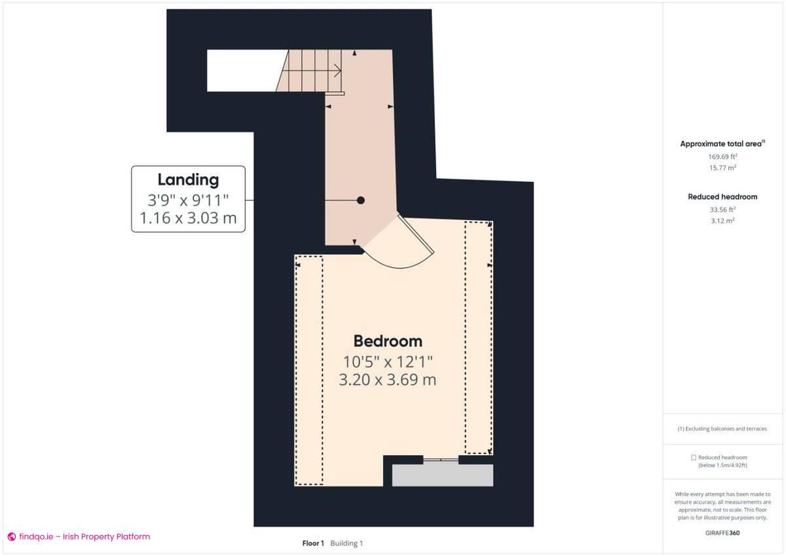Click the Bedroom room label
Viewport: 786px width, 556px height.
coord(388,341)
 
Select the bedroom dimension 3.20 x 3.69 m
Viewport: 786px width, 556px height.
coord(388,379)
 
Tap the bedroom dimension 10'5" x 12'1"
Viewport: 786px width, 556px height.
coord(388,361)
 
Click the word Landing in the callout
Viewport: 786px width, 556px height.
coord(188,179)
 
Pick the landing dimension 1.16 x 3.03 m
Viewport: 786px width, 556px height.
coord(188,218)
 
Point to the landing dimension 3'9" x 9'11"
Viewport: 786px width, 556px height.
coord(188,200)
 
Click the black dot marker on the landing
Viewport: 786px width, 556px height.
coord(360,200)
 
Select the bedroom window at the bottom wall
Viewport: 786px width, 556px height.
coord(440,460)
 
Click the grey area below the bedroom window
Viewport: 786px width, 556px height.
coord(442,475)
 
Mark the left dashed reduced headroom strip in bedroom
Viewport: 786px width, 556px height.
coord(309,370)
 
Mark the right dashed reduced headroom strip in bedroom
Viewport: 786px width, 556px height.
coord(478,337)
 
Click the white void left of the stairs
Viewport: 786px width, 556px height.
coord(242,70)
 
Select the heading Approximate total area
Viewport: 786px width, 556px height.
coord(722,143)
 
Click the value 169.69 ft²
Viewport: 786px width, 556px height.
coord(722,157)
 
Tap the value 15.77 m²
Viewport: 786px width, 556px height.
coord(722,168)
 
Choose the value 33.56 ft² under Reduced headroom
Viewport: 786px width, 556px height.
coord(722,210)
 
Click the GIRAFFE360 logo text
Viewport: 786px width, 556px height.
coord(722,533)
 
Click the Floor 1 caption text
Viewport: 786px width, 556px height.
coord(313,543)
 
